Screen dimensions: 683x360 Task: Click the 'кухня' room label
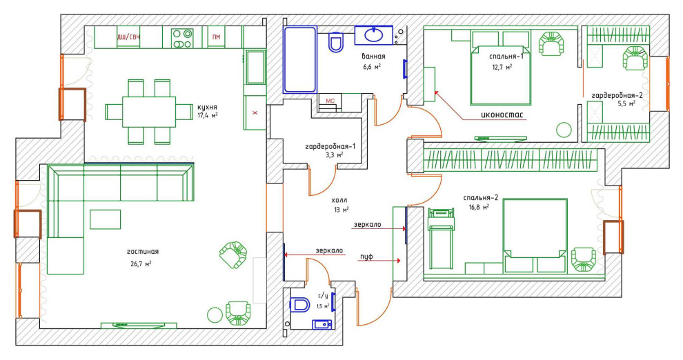pyautogui.click(x=207, y=107)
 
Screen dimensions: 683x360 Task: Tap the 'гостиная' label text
pyautogui.click(x=143, y=252)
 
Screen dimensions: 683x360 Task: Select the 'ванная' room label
pyautogui.click(x=373, y=56)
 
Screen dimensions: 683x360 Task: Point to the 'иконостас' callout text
pyautogui.click(x=502, y=115)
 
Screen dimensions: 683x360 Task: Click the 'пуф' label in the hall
pyautogui.click(x=366, y=257)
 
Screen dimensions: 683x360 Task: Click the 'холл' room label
pyautogui.click(x=339, y=200)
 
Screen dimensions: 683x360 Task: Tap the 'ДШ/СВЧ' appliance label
pyautogui.click(x=128, y=37)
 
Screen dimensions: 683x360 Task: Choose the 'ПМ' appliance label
pyautogui.click(x=217, y=37)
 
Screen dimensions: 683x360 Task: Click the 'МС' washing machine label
pyautogui.click(x=330, y=101)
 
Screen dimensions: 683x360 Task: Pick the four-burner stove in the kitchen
pyautogui.click(x=182, y=39)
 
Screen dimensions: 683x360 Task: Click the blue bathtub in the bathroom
pyautogui.click(x=299, y=60)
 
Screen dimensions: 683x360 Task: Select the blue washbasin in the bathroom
pyautogui.click(x=374, y=34)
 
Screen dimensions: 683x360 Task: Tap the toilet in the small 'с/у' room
pyautogui.click(x=299, y=304)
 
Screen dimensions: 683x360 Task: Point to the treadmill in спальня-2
pyautogui.click(x=442, y=239)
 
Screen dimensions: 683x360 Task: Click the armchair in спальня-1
pyautogui.click(x=552, y=43)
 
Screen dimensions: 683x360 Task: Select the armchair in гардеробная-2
pyautogui.click(x=635, y=58)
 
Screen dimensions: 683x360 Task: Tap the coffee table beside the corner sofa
pyautogui.click(x=106, y=219)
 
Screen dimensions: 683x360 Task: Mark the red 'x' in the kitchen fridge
pyautogui.click(x=255, y=112)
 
